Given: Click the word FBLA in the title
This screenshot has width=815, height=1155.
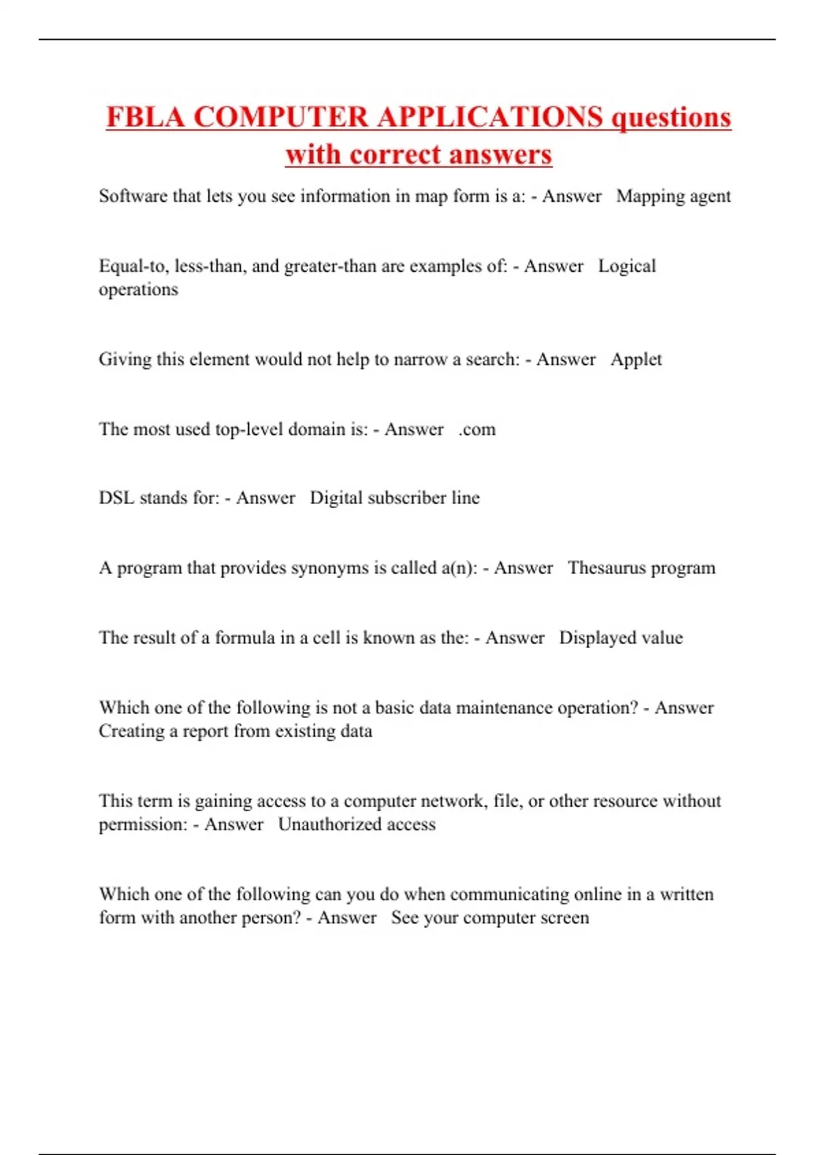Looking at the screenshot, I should pos(145,118).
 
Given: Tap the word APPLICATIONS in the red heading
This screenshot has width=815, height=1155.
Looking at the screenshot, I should pos(490,118).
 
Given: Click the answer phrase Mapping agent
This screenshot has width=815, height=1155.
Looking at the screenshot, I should pos(673,196).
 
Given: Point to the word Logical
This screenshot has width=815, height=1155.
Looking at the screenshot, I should pos(627,266).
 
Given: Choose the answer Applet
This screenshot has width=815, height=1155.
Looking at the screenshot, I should pos(636,359).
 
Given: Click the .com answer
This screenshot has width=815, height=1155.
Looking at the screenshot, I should pos(477,429).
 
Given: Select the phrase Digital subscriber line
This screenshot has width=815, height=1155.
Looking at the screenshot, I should pos(395,498).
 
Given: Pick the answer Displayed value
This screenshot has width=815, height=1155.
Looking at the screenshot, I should pos(621,638).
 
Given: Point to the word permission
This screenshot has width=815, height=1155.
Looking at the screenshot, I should pos(143,825).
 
